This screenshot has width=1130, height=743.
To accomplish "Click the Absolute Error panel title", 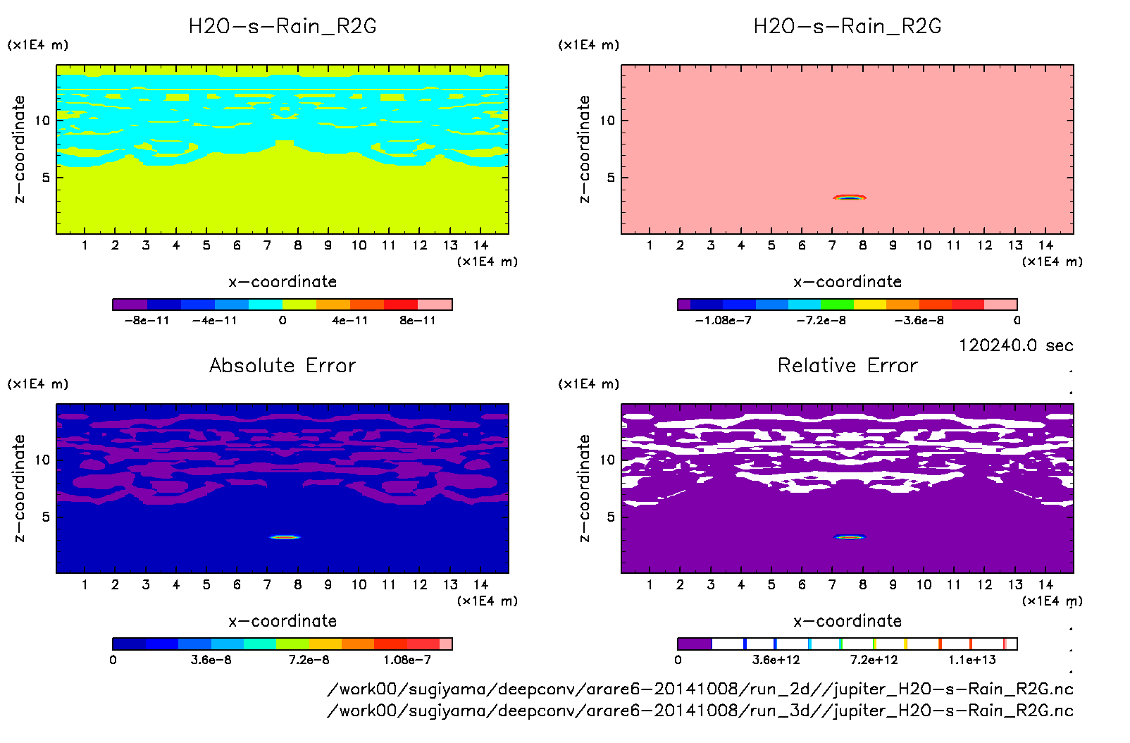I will pos(282,365).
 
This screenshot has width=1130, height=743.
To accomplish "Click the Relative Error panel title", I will pos(847,365).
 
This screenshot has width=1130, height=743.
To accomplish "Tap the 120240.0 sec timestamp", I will pos(1015,345).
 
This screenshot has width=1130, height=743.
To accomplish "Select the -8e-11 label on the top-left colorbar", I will pos(147,321).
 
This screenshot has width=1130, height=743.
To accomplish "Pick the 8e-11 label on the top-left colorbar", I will pos(418,321).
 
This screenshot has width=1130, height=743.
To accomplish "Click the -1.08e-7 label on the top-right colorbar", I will pos(723,321).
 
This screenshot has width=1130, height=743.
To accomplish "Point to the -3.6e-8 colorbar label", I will pos(919,321).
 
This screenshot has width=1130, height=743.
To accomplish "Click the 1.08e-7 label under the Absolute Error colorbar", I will pos(407,661).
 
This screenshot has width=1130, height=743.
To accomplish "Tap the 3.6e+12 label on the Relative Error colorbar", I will pos(776,661).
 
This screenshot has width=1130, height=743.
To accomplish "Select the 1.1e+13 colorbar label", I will pos(972,661).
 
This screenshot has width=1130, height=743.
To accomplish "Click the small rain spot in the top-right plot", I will pos(850,197).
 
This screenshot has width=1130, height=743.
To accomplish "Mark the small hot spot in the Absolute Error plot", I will pos(285,537).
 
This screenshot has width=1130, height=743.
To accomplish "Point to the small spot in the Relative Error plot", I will pos(850,537).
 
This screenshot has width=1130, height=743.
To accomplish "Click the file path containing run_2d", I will pos(700,689).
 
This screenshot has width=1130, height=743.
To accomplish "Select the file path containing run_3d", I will pos(700,711).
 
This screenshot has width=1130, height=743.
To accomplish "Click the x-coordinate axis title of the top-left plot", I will pos(282,282).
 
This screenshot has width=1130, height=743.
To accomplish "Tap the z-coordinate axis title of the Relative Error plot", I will pos(584,488).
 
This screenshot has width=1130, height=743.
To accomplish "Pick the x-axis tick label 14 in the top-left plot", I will pos(480,245).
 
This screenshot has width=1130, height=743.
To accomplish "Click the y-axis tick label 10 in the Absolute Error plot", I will pos(42,460).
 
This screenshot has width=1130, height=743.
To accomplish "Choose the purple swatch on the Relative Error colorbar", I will pos(695,644).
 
